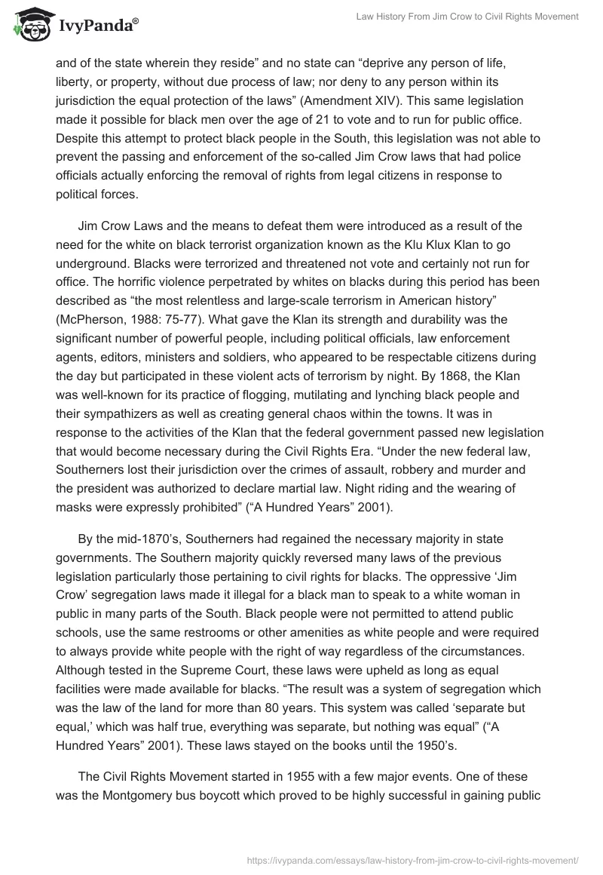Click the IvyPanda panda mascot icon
click(x=29, y=24)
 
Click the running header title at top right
click(x=467, y=17)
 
